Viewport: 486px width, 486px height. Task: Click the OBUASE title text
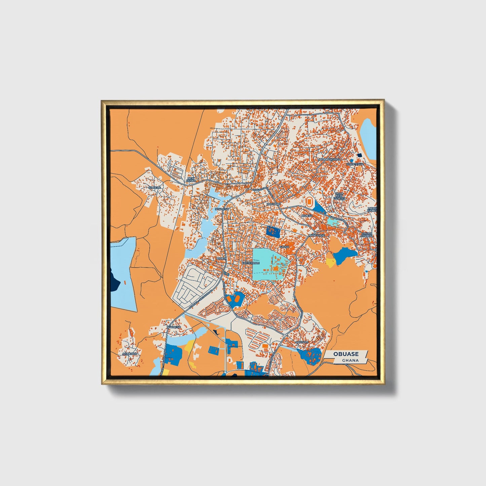pos(346,354)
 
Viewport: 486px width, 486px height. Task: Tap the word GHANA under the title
pos(350,360)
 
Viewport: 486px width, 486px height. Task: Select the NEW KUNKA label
pos(191,180)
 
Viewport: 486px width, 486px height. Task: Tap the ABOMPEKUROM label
pos(330,159)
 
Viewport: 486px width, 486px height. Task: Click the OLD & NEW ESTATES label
pos(339,196)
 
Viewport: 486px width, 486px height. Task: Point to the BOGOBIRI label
pos(273,204)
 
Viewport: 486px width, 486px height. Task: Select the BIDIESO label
pos(307,215)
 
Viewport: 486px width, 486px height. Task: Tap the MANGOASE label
pos(317,235)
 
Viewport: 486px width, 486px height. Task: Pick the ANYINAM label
pos(301,342)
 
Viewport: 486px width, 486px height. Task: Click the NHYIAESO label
pos(174,327)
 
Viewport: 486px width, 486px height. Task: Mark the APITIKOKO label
pos(129,354)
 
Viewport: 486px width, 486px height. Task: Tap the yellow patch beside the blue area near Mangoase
pos(331,262)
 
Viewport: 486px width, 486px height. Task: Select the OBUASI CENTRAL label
pos(367,234)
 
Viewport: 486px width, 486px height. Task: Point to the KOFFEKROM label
pos(251,263)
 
